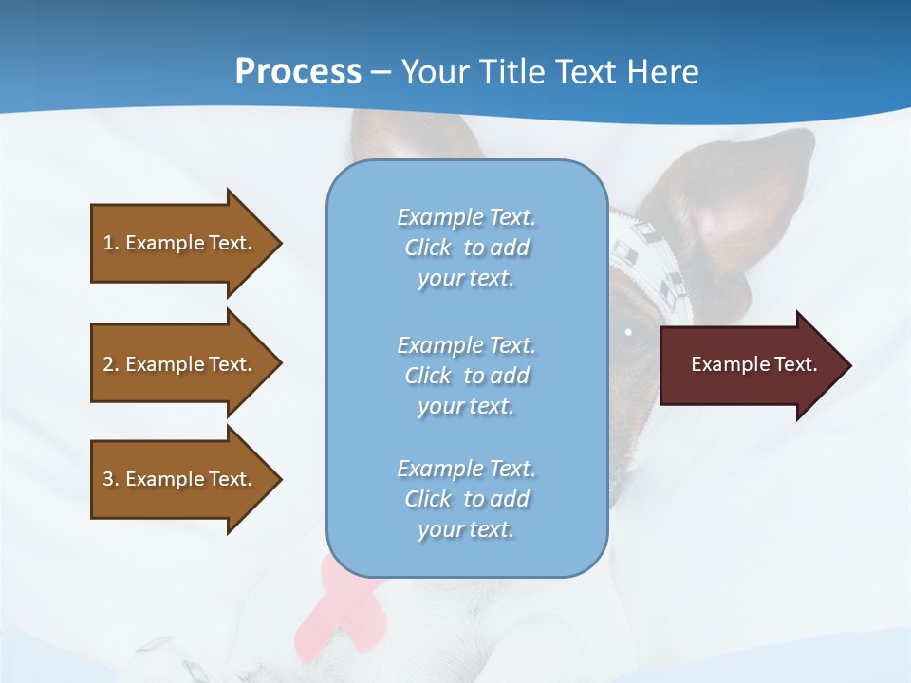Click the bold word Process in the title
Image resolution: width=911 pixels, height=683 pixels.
298,72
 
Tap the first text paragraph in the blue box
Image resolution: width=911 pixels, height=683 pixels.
466,248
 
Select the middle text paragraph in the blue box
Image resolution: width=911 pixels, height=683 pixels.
466,376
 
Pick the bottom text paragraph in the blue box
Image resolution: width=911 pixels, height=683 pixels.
466,499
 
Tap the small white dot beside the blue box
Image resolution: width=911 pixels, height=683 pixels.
628,332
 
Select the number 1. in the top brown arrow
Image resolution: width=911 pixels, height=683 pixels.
111,243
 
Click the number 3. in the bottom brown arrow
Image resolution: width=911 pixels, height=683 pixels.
111,479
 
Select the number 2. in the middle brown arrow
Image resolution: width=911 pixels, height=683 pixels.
111,364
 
